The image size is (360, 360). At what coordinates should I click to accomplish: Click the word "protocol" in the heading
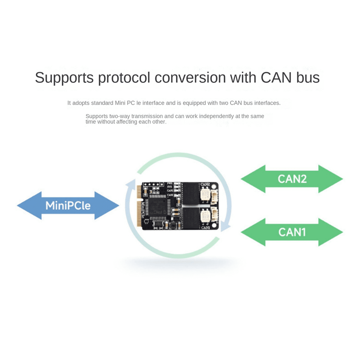pos(124,78)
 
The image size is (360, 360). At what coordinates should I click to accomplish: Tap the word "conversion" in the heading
pos(190,78)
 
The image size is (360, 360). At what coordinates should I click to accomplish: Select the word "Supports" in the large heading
pos(64,78)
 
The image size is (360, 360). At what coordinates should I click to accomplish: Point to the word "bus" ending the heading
pos(308,78)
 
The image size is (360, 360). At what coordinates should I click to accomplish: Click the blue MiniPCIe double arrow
pos(68,206)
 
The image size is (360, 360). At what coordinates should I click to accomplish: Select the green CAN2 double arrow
pos(292,179)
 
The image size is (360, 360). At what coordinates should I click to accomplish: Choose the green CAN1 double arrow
pos(292,232)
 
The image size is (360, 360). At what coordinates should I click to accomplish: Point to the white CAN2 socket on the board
pos(214,196)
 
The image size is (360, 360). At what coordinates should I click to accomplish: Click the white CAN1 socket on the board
pos(214,215)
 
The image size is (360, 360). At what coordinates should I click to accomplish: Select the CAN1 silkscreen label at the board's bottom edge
pos(205,228)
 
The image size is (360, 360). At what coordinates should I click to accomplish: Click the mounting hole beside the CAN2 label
pos(214,186)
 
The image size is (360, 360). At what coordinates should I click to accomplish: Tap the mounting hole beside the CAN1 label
pos(214,225)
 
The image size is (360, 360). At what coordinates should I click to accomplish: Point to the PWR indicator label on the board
pos(170,183)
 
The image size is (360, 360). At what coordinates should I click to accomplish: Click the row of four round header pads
pos(150,184)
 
